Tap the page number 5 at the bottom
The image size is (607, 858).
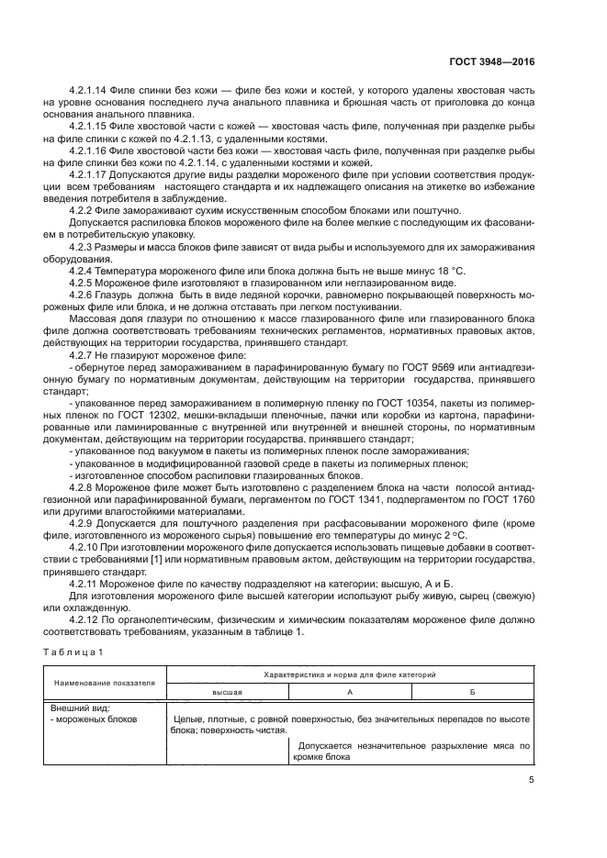click(531, 781)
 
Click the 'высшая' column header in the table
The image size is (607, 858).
click(227, 694)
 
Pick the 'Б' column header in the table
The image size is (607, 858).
click(471, 694)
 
